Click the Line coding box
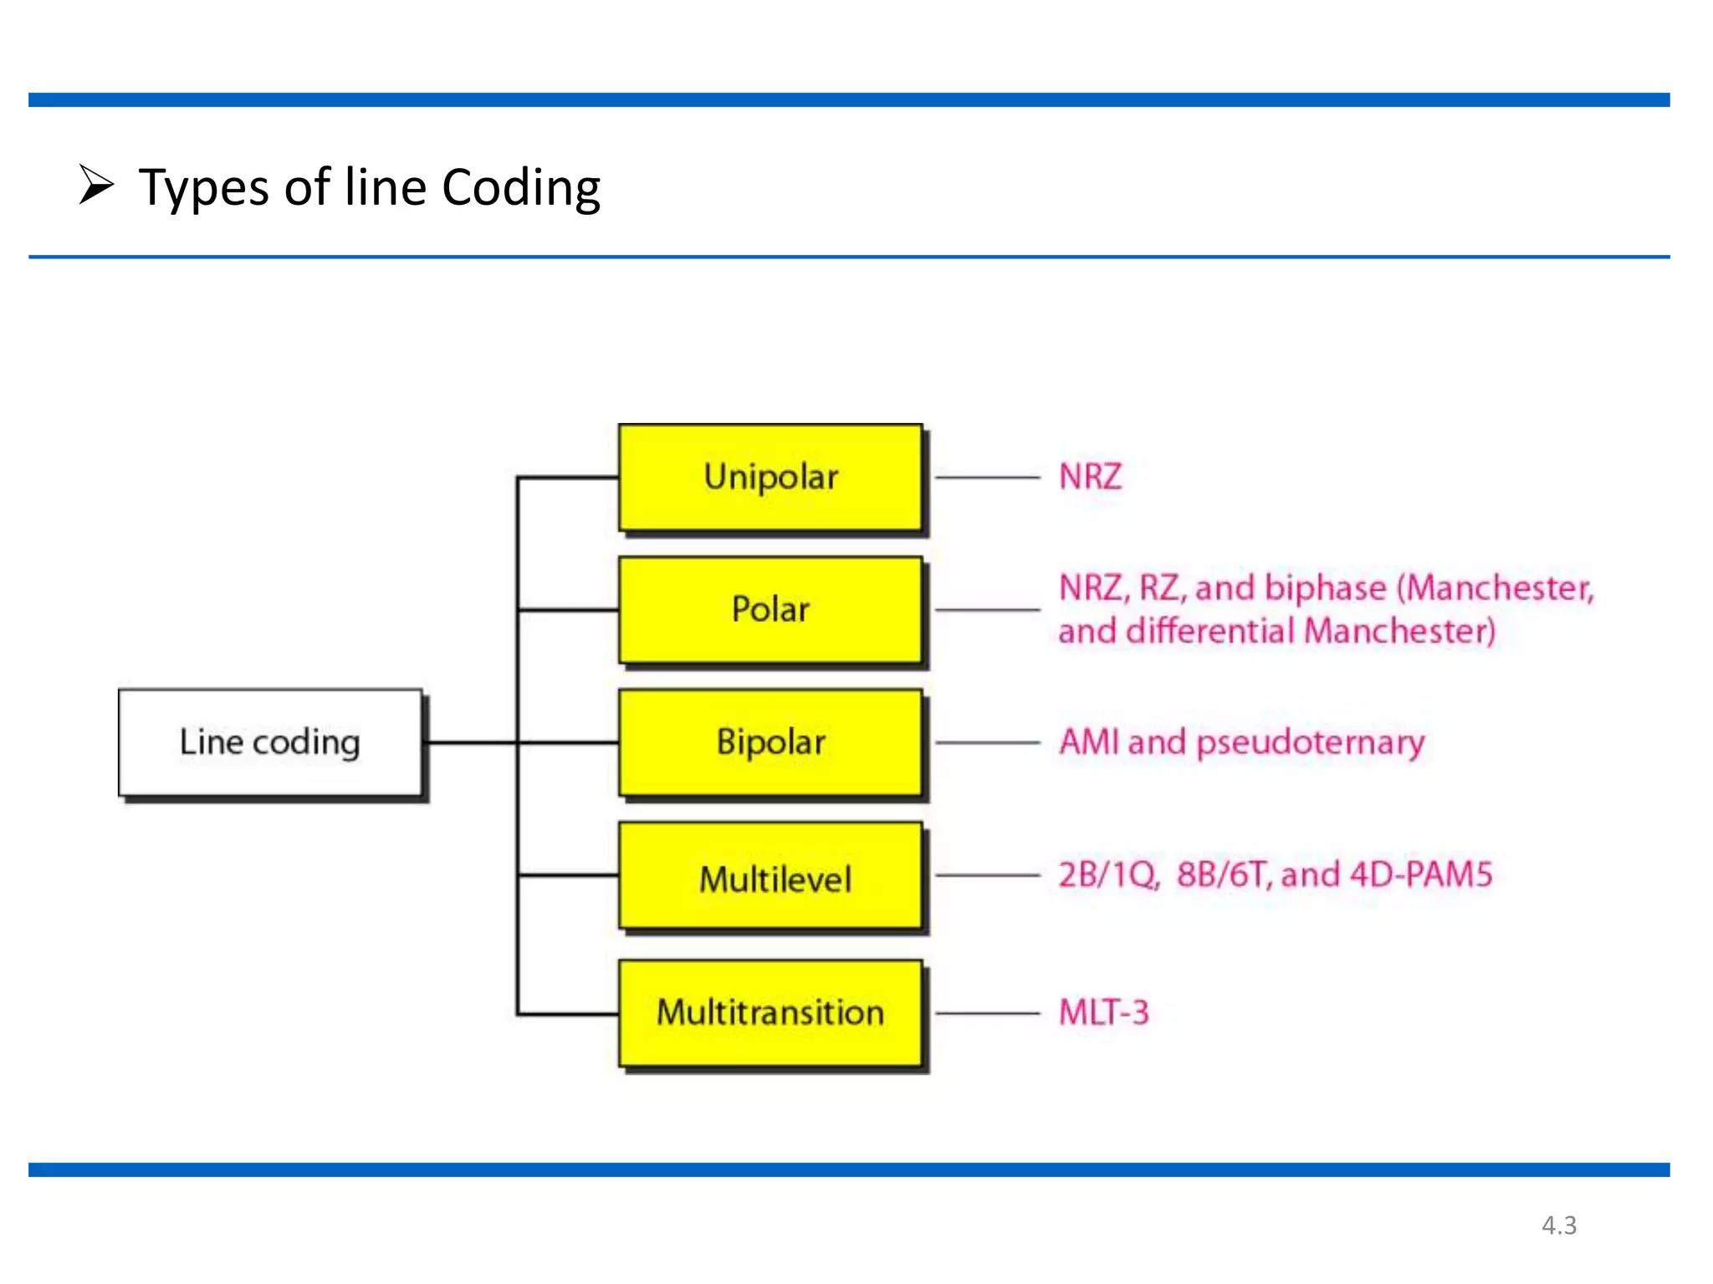[x=269, y=742]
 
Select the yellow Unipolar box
[x=770, y=477]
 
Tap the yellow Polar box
[x=770, y=609]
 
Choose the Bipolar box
[x=770, y=742]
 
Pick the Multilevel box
[x=770, y=876]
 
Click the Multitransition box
[x=770, y=1012]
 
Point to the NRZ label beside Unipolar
[x=1090, y=477]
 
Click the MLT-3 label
[x=1103, y=1012]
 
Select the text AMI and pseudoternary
[x=1241, y=742]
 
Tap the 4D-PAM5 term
[x=1421, y=875]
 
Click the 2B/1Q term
[x=1108, y=875]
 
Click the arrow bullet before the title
[x=96, y=185]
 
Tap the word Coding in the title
[x=520, y=188]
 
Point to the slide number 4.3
[x=1559, y=1225]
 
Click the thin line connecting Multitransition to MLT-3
[x=987, y=1013]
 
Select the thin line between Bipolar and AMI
[x=987, y=742]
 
